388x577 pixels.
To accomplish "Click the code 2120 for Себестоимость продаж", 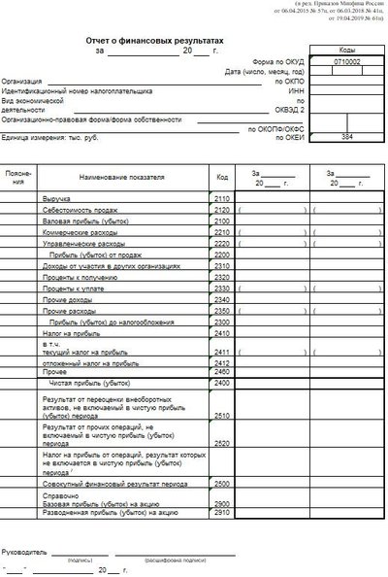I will pyautogui.click(x=222, y=210).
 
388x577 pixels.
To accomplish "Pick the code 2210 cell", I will pyautogui.click(x=222, y=233).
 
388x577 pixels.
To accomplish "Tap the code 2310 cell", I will pyautogui.click(x=222, y=266).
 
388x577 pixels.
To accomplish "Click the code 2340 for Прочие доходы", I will pyautogui.click(x=222, y=300).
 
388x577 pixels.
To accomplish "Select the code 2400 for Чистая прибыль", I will pyautogui.click(x=222, y=384).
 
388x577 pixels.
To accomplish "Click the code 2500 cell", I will pyautogui.click(x=222, y=483).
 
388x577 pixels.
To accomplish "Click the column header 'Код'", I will pyautogui.click(x=222, y=178).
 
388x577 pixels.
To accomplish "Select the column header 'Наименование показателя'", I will pyautogui.click(x=121, y=178).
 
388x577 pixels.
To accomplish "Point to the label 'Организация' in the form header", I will pyautogui.click(x=24, y=81).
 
